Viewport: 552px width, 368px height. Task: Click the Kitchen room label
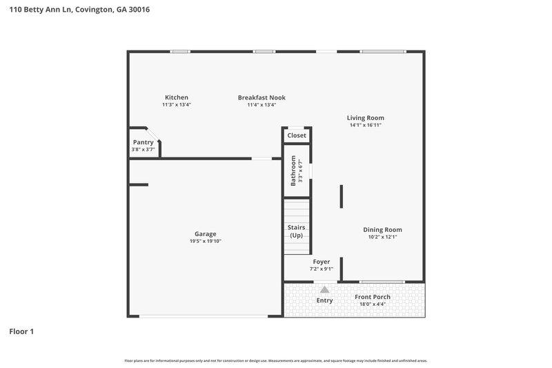tap(176, 97)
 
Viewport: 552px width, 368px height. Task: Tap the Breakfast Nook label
tap(262, 97)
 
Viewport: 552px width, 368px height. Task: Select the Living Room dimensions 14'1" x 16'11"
tap(365, 126)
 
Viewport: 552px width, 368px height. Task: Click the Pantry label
tap(143, 142)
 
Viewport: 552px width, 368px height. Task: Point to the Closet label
tap(297, 135)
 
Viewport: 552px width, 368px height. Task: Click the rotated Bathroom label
tap(293, 171)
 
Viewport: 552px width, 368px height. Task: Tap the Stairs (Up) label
tap(296, 231)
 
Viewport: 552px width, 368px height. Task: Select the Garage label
tap(205, 234)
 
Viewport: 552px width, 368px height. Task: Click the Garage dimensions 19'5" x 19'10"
tap(205, 242)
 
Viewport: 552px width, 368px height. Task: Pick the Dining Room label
tap(382, 230)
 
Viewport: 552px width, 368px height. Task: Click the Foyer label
tap(322, 262)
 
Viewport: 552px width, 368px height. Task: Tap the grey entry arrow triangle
tap(324, 290)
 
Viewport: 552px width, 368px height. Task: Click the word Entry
tap(324, 300)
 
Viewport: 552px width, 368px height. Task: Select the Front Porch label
tap(373, 297)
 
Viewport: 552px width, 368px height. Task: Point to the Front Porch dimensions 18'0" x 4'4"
tap(373, 304)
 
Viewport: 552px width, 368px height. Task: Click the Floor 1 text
tap(21, 331)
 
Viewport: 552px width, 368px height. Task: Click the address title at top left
tap(79, 10)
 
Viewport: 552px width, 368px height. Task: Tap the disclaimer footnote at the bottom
tap(275, 360)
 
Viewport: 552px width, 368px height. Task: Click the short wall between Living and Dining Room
tap(341, 196)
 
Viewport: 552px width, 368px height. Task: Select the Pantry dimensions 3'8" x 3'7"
tap(143, 150)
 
